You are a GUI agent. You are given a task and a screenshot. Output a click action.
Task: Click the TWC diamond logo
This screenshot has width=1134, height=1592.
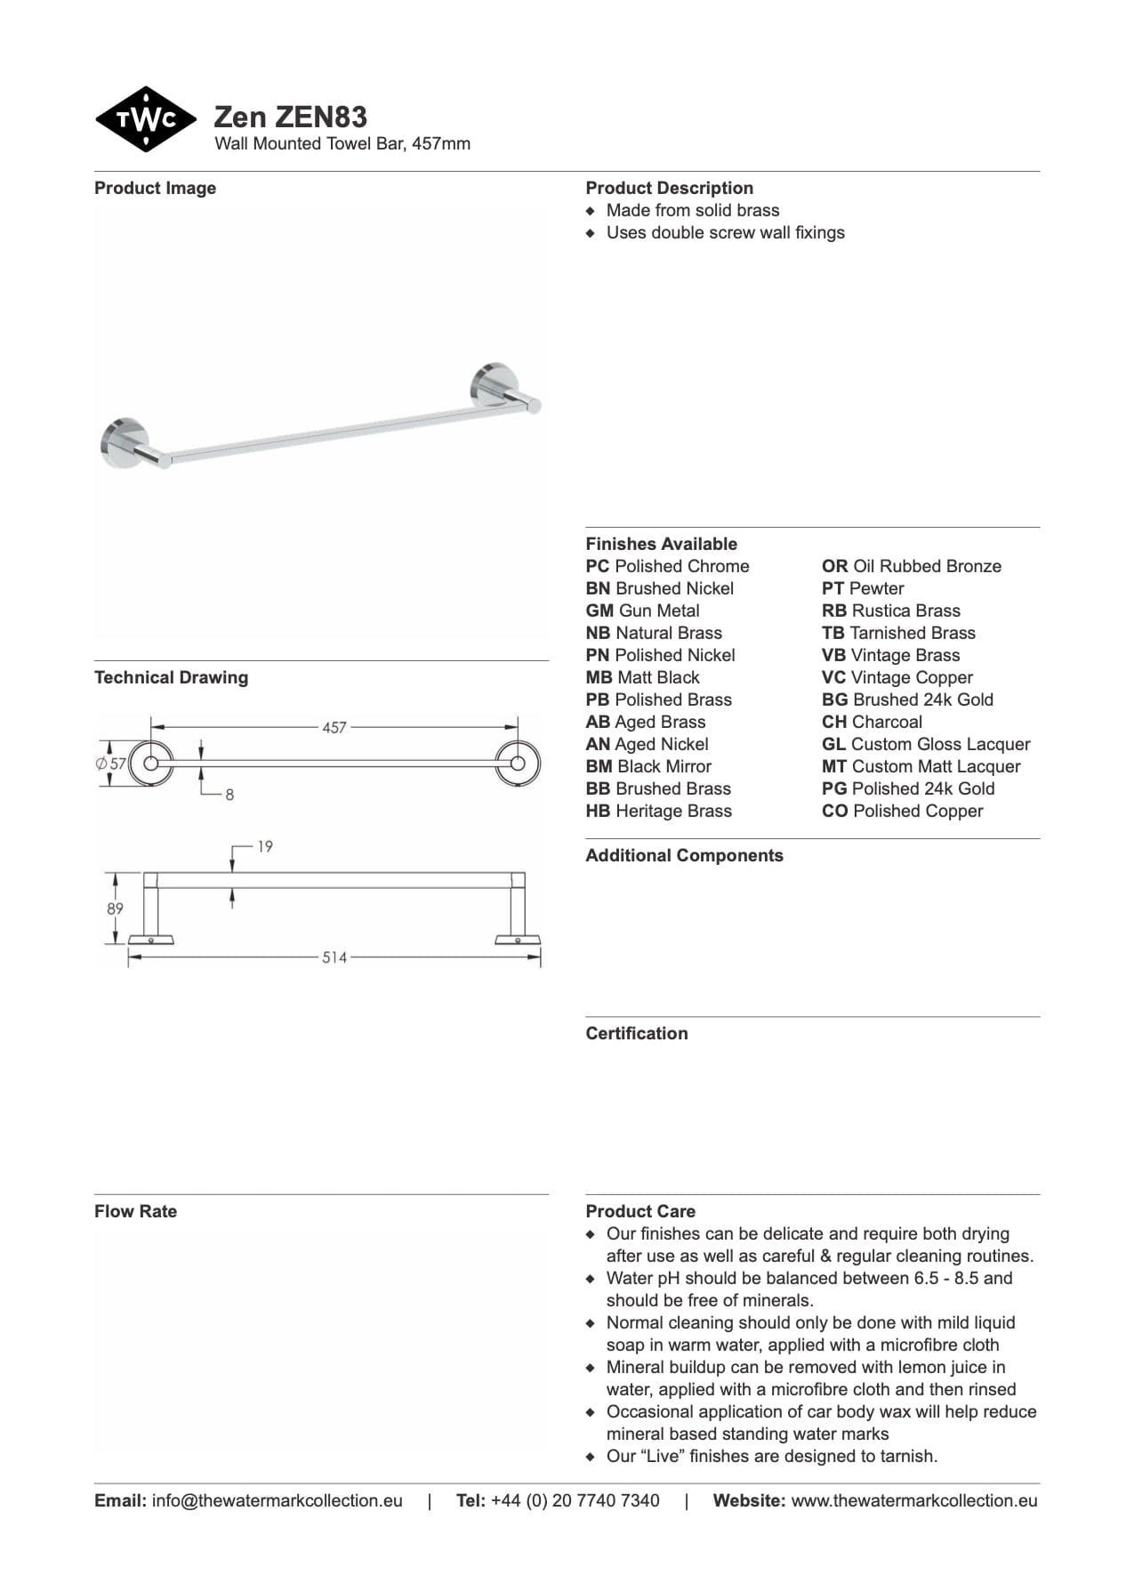tap(146, 119)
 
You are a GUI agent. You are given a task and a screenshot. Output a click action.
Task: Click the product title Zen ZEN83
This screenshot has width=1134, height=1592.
tap(290, 117)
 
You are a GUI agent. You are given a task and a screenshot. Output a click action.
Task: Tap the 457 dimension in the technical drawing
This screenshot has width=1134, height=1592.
tap(334, 728)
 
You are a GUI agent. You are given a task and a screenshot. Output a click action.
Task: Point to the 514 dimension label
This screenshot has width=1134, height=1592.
tap(334, 958)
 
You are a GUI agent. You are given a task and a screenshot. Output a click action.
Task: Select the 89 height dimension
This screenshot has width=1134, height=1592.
tap(115, 909)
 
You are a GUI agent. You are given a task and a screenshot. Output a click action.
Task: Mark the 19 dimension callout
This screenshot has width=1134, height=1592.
tap(265, 846)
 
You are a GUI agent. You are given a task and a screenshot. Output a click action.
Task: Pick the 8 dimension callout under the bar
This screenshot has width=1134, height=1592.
tap(229, 795)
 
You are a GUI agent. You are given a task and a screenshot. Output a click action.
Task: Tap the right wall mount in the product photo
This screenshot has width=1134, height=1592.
tap(492, 384)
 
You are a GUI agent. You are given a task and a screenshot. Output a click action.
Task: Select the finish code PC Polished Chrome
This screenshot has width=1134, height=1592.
tap(667, 566)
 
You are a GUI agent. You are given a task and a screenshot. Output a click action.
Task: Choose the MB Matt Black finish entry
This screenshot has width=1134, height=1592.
tap(642, 677)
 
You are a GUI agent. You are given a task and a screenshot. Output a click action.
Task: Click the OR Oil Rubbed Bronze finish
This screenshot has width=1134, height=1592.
tap(911, 566)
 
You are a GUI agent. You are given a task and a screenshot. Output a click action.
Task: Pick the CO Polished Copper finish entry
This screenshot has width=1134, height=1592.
tap(902, 811)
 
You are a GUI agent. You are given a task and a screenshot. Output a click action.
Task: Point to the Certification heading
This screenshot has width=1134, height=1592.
tap(636, 1033)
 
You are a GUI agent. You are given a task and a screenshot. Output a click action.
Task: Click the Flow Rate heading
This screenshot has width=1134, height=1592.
tap(135, 1211)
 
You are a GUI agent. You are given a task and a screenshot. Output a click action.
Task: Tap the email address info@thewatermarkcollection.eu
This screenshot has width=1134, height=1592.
tap(277, 1500)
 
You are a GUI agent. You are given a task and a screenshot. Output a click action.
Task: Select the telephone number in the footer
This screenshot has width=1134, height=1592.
tap(575, 1500)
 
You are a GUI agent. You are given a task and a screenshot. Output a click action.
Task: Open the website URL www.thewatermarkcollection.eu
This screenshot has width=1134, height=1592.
tap(913, 1500)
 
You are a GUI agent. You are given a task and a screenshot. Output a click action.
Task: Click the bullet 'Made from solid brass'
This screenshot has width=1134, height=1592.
tap(692, 210)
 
